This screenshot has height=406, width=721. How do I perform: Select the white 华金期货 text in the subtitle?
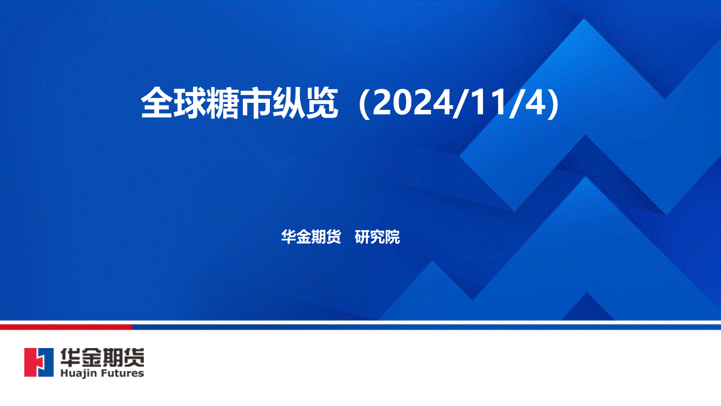click(x=311, y=237)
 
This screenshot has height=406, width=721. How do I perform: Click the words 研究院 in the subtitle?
click(x=377, y=237)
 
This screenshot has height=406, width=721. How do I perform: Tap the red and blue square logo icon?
click(x=39, y=363)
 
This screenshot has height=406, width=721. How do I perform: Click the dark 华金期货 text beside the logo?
click(x=102, y=357)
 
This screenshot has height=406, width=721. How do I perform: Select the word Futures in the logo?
click(x=122, y=373)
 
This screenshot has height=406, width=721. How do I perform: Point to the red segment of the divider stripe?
click(x=66, y=327)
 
